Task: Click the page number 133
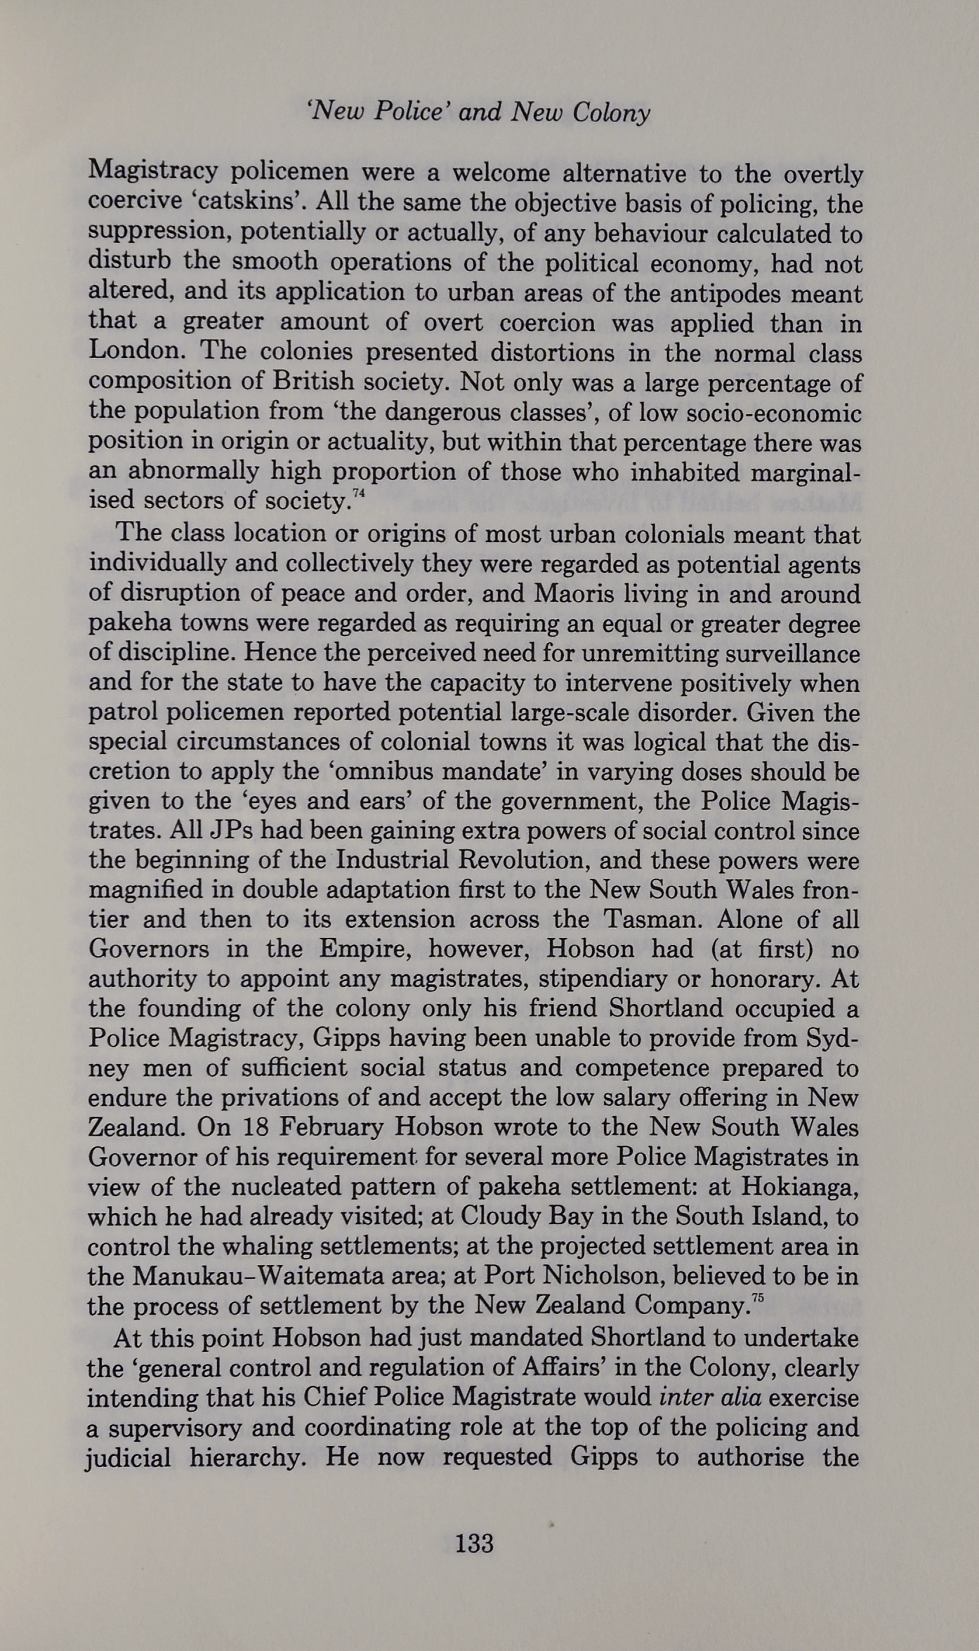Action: tap(474, 1543)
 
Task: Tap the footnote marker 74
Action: tap(358, 493)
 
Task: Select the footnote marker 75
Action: tap(756, 1299)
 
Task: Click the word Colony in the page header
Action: tap(611, 112)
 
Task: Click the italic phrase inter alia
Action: tap(709, 1398)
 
